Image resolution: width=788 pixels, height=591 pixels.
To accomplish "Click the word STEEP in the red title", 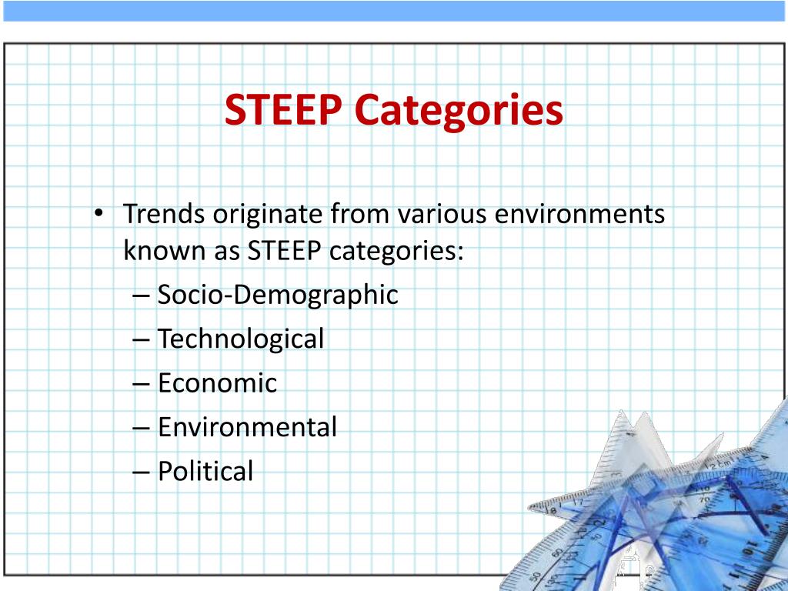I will point(282,110).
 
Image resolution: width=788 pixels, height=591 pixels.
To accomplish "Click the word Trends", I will point(164,213).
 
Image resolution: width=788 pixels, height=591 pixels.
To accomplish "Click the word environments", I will point(579,213).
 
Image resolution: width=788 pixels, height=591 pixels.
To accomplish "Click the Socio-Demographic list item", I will point(278,295).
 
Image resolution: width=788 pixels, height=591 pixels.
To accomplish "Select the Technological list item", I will point(241,339).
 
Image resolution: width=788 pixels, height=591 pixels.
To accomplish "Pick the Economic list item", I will point(217,383).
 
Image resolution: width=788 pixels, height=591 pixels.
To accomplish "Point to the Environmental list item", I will point(247,427).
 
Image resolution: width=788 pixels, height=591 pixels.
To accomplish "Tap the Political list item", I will point(205,471).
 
